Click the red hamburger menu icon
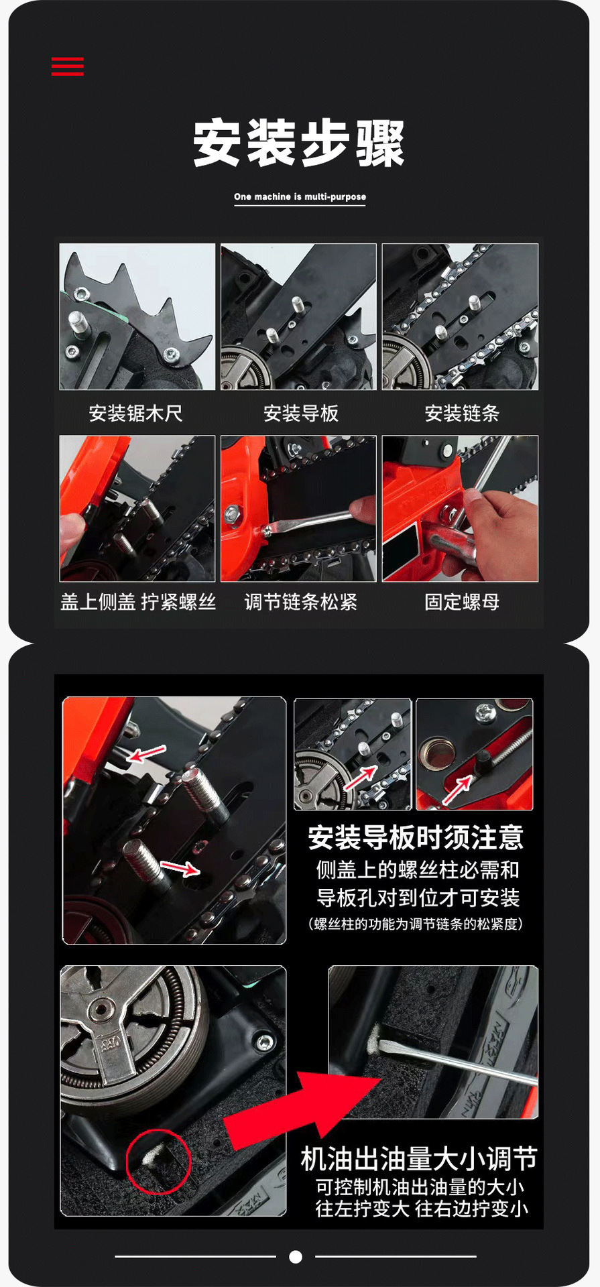pos(68,66)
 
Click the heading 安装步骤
pos(299,143)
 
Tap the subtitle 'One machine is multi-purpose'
pos(300,196)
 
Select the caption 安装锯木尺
pos(136,413)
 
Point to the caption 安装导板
pos(301,413)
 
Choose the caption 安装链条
pos(462,413)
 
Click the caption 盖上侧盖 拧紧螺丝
pos(138,601)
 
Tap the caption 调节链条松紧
pos(300,601)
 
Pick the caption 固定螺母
pos(462,601)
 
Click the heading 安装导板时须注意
pos(416,837)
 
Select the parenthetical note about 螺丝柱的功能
pos(416,924)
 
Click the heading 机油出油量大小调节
pos(419,1158)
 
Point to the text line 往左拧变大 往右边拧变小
pos(422,1209)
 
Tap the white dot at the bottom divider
pos(296,1257)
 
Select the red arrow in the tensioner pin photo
pos(457,789)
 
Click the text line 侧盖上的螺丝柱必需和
pos(418,869)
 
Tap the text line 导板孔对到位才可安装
pos(418,897)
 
